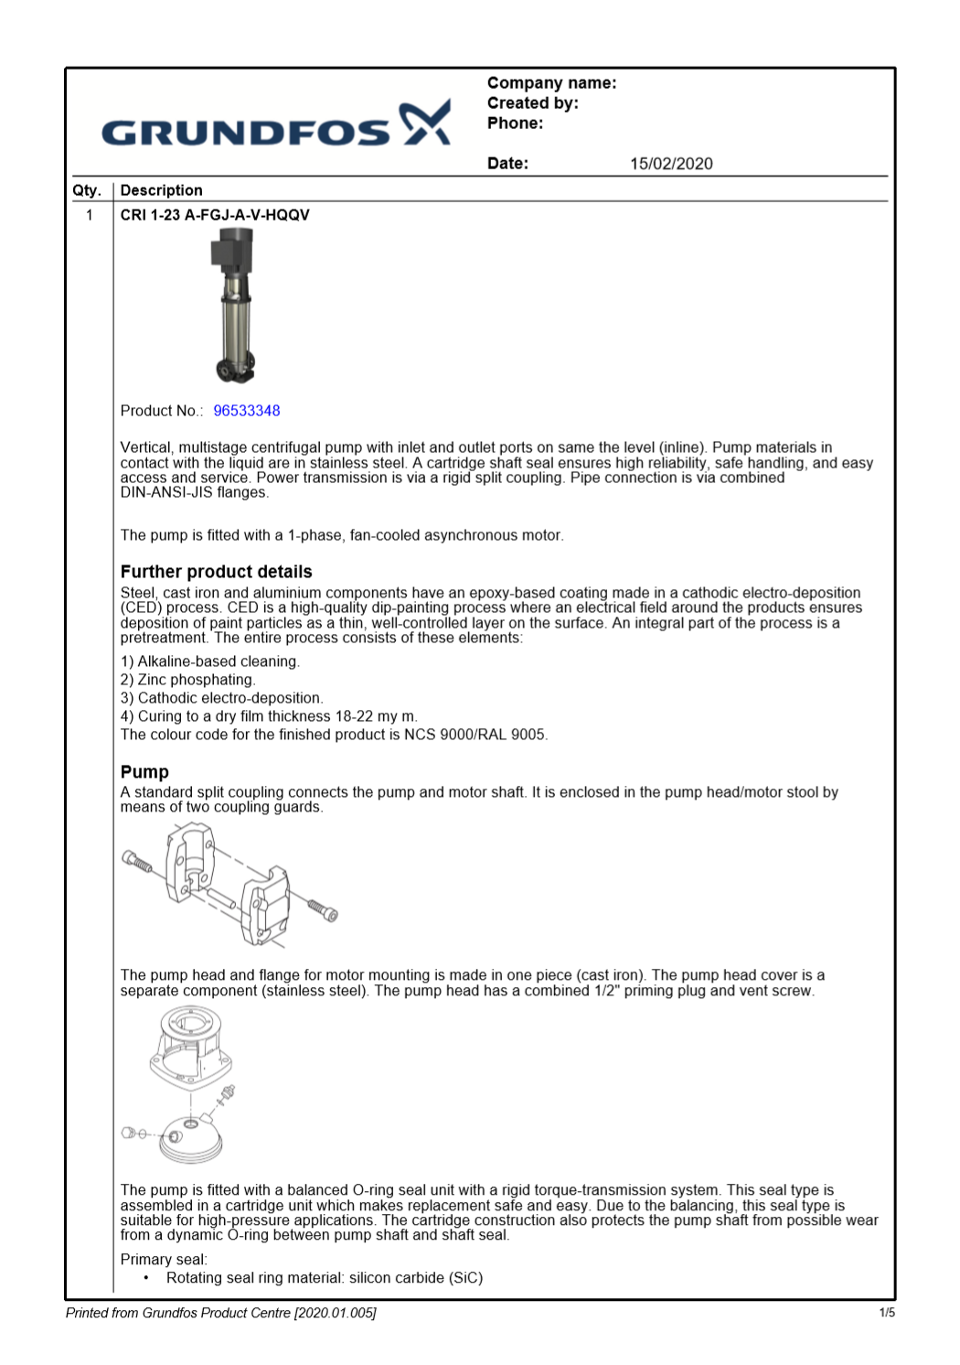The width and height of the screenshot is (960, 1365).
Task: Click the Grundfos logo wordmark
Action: [245, 133]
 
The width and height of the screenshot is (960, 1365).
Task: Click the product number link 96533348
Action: [246, 411]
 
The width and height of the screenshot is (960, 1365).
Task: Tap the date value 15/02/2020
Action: [670, 164]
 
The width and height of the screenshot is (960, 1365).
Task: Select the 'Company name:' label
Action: [551, 83]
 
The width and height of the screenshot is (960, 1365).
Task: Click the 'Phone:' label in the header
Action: [515, 124]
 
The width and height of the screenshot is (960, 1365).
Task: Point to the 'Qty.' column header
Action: [87, 190]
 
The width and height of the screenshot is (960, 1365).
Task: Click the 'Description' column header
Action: [161, 190]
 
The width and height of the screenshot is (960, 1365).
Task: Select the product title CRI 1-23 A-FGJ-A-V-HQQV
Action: [215, 215]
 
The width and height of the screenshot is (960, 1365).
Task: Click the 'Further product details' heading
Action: [216, 572]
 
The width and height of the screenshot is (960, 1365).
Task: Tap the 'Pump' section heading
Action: [144, 772]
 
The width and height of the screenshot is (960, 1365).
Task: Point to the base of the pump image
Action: [233, 370]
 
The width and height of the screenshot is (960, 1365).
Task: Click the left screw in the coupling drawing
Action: [137, 861]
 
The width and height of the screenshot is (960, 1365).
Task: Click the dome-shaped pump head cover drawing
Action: [191, 1139]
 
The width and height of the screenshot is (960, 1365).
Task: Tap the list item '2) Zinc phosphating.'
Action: [187, 680]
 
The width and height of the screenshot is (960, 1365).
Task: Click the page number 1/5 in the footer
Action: [886, 1313]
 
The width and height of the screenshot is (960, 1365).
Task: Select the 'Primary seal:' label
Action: [164, 1260]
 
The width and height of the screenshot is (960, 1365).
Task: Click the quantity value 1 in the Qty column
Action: [89, 215]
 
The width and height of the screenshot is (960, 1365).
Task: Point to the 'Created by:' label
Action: [532, 103]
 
